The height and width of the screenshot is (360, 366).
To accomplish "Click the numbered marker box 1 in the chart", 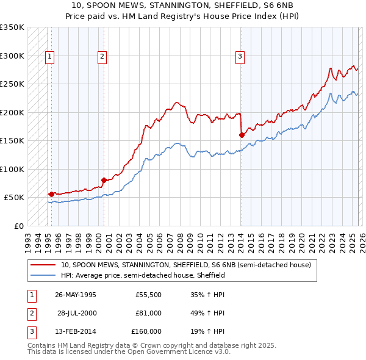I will (49, 57).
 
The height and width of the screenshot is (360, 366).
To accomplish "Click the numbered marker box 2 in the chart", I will (102, 57).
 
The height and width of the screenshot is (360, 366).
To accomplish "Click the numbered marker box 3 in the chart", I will (240, 57).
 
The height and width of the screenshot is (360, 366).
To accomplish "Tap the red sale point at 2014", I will (242, 135).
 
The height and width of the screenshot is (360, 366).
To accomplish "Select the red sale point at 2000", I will (104, 180).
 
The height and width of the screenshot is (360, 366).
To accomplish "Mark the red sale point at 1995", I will (51, 194).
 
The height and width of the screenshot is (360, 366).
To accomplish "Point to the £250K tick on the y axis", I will (12, 84).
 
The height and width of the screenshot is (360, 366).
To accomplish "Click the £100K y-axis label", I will (12, 169).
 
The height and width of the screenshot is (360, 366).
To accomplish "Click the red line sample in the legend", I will (43, 265).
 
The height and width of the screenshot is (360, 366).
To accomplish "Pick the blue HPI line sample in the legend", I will (43, 276).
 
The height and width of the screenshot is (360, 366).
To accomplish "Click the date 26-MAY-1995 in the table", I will (76, 295).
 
